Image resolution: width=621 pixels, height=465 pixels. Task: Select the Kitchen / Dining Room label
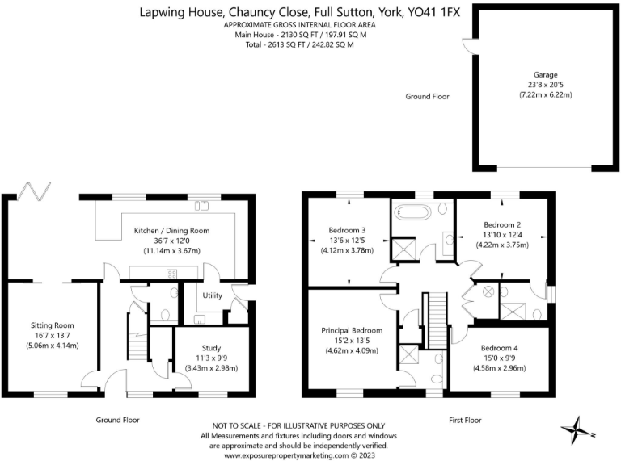[171, 231]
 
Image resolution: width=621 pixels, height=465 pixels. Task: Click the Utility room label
[213, 296]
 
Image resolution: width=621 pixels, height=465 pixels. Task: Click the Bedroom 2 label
[501, 224]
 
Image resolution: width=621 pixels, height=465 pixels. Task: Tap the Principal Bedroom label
[352, 330]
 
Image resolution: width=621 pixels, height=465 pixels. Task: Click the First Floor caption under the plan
[466, 420]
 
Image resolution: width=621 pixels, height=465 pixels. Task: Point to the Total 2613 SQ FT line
[294, 44]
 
